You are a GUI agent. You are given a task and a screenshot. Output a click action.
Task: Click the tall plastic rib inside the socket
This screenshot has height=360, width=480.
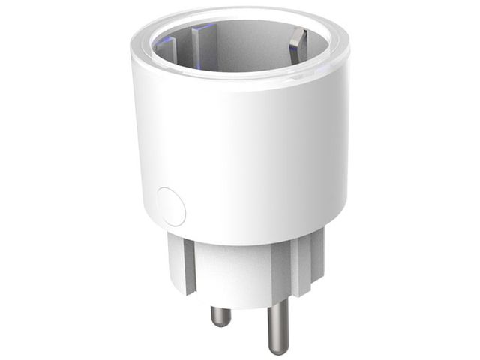point(199,49)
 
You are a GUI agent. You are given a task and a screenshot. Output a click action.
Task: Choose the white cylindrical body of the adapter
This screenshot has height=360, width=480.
point(240,150)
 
